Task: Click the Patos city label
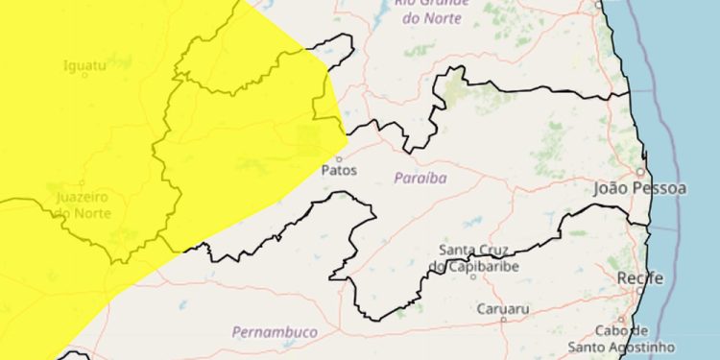[340, 171]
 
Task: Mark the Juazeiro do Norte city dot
[83, 182]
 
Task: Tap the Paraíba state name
[421, 179]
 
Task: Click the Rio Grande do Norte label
[432, 9]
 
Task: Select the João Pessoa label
[640, 189]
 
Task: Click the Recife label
[640, 278]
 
